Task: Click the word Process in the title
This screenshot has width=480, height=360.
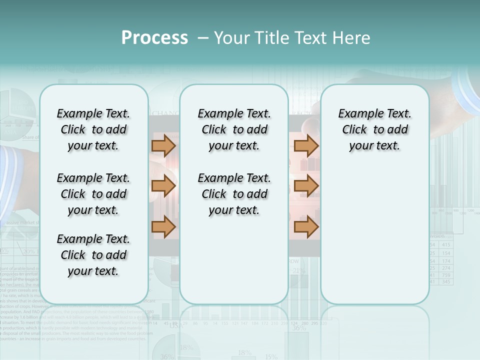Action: [x=154, y=38]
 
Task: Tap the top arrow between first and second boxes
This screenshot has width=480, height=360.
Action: [x=163, y=145]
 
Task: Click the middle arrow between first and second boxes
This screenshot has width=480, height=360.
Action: [x=163, y=186]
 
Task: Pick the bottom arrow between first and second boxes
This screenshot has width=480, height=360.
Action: [x=163, y=227]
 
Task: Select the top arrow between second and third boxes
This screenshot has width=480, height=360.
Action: [x=306, y=145]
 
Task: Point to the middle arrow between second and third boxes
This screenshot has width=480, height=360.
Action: [x=306, y=186]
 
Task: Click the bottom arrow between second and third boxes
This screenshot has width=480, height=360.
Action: [x=306, y=227]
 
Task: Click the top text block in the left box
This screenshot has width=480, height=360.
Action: [x=93, y=129]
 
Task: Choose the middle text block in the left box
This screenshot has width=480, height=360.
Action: [x=93, y=194]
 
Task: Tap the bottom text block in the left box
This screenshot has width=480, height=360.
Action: [x=93, y=255]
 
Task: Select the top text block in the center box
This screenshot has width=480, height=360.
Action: [x=234, y=129]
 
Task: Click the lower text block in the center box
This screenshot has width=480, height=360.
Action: [x=234, y=194]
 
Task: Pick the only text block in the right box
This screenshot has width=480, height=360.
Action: [x=374, y=129]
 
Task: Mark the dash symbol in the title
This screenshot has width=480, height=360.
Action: [x=203, y=38]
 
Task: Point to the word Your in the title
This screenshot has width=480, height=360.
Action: [x=231, y=38]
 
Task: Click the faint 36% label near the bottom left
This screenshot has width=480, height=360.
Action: [x=167, y=356]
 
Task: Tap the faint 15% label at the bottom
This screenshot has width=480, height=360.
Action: [x=271, y=356]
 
